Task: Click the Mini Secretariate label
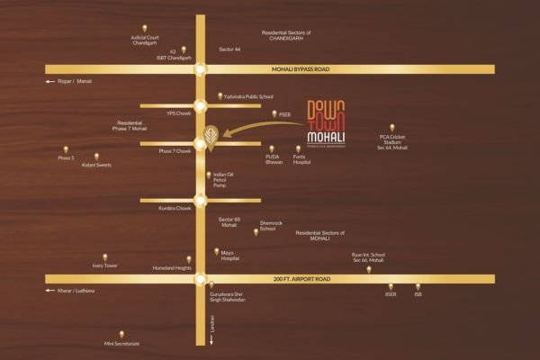(123, 345)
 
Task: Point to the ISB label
(418, 295)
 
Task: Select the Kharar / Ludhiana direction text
(75, 292)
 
